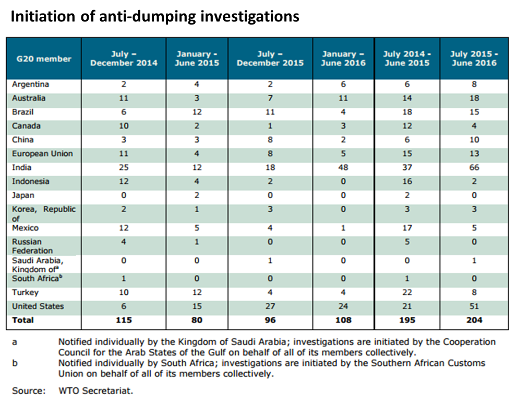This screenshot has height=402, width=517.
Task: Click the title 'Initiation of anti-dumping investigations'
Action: (x=155, y=16)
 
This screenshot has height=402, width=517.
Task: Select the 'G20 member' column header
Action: (x=41, y=59)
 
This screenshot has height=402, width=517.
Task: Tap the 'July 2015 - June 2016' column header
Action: (x=473, y=59)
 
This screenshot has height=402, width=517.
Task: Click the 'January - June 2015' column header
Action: (x=197, y=59)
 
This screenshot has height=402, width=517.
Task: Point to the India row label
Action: (x=22, y=167)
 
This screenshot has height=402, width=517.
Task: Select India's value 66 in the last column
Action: (x=474, y=168)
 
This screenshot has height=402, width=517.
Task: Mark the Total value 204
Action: (x=474, y=320)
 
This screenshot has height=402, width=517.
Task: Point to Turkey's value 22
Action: (x=407, y=293)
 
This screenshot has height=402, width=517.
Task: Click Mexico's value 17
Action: (x=407, y=228)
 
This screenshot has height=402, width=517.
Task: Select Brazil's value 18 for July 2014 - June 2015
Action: (x=407, y=112)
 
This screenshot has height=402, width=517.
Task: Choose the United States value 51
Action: (x=474, y=306)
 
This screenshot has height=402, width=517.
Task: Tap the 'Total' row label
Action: (x=23, y=320)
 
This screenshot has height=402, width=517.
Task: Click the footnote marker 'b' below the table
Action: (x=15, y=363)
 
